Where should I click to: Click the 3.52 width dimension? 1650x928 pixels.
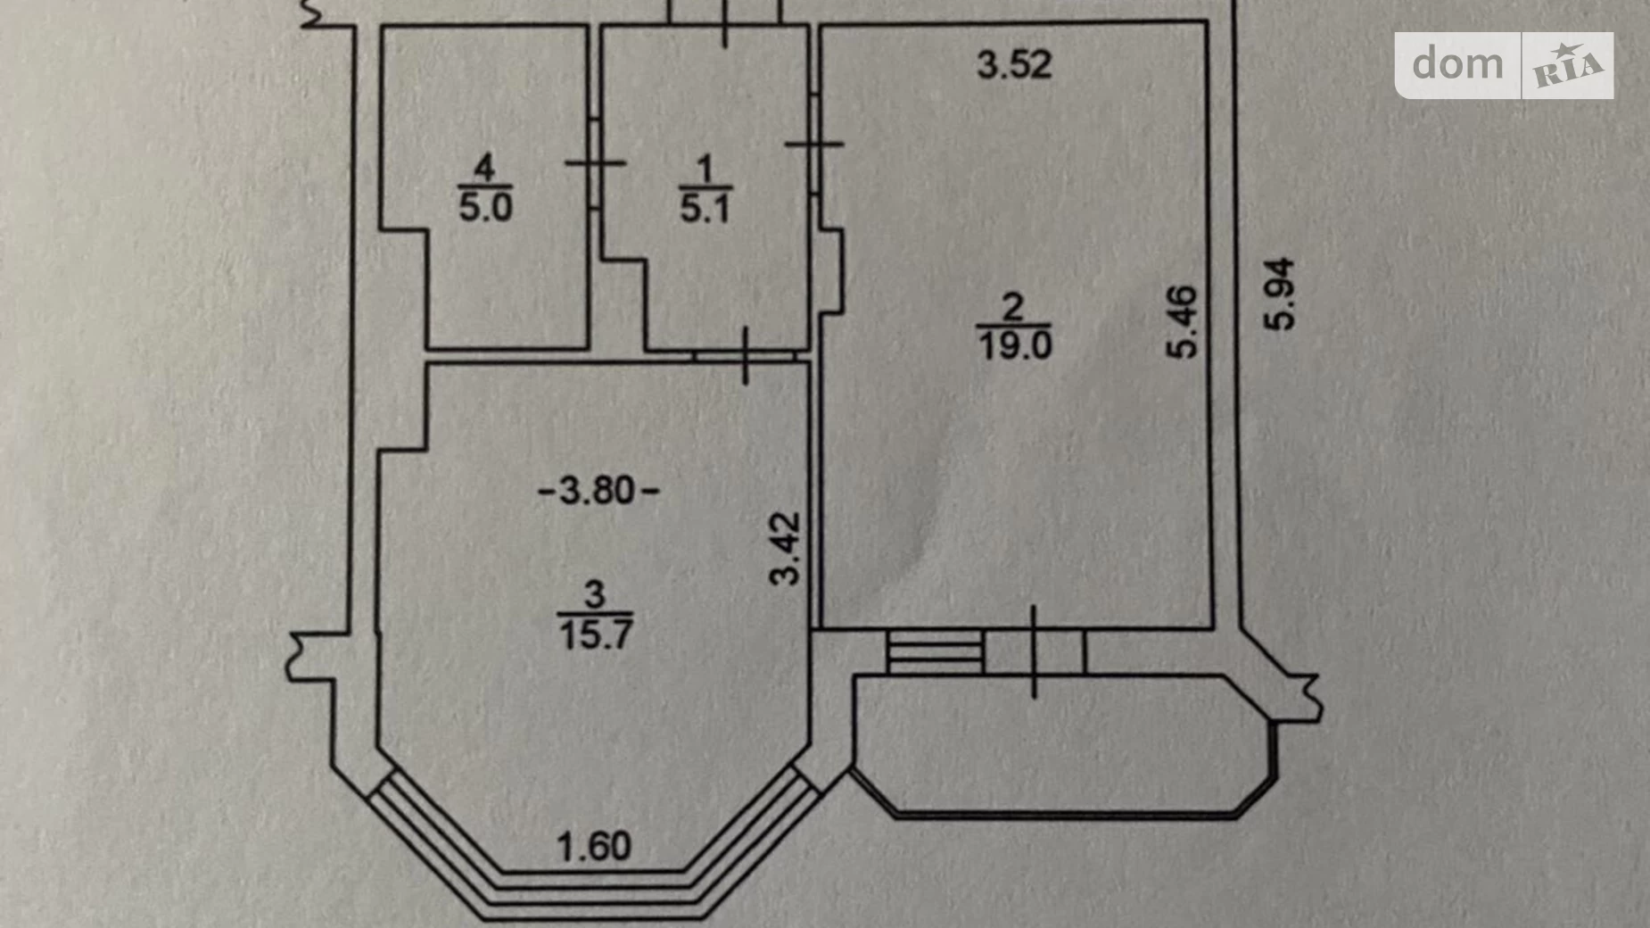point(1014,64)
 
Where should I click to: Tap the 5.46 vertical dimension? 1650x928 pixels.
point(1183,322)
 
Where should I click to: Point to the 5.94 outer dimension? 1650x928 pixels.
point(1280,294)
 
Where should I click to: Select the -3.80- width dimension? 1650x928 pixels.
point(598,490)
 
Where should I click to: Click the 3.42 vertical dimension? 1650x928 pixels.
point(786,548)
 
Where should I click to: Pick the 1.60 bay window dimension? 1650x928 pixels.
point(594,846)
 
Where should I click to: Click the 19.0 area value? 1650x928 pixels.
point(1015,344)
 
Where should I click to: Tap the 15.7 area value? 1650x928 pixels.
point(596,634)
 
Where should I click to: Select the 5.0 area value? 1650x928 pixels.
point(485,207)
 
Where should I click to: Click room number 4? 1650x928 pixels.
point(484,167)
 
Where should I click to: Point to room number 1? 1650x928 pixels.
point(705,169)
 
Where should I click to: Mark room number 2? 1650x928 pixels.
point(1014,308)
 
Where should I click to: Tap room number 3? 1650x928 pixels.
point(595,594)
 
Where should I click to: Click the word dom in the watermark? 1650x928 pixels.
point(1457,64)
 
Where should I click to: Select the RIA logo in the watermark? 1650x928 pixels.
point(1568,65)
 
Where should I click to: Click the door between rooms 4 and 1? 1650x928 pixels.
point(595,163)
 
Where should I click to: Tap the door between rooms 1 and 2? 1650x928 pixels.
point(815,144)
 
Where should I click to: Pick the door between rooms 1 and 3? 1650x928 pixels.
point(745,355)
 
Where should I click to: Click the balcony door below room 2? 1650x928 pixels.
point(1034,651)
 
